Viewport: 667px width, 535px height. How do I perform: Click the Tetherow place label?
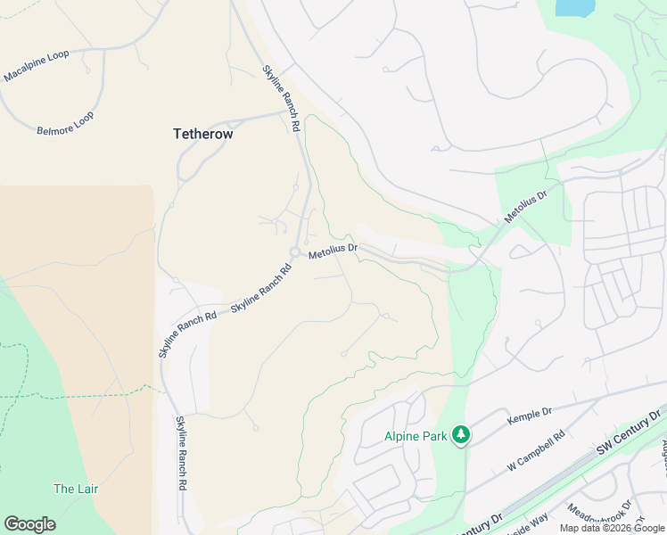[x=202, y=134]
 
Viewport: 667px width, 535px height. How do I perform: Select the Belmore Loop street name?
[x=64, y=123]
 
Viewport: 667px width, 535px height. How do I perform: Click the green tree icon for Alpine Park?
[x=460, y=435]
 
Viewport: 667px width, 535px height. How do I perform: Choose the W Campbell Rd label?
[x=537, y=450]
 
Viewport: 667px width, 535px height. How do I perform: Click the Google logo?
[x=29, y=523]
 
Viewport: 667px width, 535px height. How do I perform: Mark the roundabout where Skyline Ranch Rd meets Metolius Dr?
[x=294, y=252]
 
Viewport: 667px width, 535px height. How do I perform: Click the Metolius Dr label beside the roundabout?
[x=333, y=253]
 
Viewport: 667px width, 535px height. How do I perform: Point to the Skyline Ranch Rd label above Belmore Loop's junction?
[x=280, y=99]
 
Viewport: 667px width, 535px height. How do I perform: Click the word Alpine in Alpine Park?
[x=401, y=436]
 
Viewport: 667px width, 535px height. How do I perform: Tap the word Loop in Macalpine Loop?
[x=56, y=59]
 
